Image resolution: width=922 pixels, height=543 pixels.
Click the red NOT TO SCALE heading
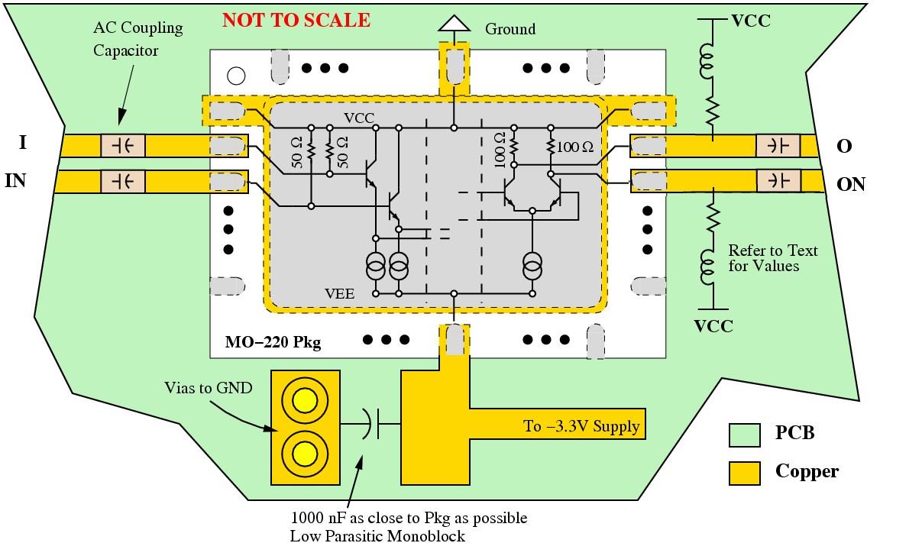coord(296,21)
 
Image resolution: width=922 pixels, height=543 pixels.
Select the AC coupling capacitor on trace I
coord(122,145)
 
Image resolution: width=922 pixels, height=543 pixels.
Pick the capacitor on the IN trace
coord(122,182)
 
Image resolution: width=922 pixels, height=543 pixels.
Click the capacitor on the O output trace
coord(778,145)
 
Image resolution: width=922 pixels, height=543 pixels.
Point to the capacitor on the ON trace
coord(778,181)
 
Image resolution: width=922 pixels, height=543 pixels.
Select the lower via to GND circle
coord(305,454)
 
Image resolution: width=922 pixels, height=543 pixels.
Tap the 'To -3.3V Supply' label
coord(581,426)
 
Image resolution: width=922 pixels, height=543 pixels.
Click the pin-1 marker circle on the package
coord(236,76)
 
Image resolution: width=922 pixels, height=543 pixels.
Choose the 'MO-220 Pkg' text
coord(273,343)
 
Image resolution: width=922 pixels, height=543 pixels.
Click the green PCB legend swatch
coord(744,434)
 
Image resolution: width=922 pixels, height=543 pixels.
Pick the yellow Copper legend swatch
coord(744,472)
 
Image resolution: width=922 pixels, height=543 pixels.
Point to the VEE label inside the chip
coord(339,293)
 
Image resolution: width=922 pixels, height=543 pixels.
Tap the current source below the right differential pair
coord(532,267)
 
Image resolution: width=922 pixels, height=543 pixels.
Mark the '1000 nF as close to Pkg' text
coord(409,518)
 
